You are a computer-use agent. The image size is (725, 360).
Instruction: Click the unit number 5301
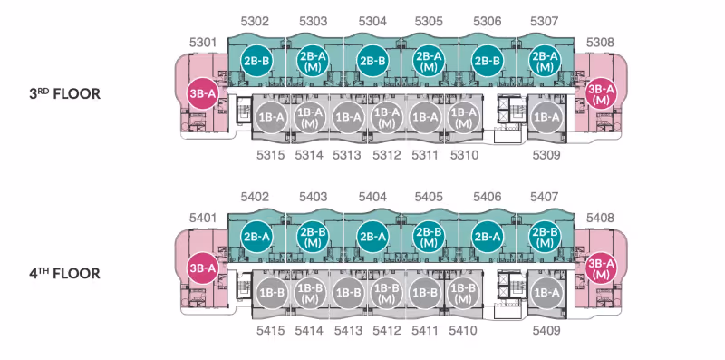click(203, 43)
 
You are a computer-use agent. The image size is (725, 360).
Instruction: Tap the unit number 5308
click(600, 43)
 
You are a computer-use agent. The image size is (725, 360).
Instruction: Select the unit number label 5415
click(270, 331)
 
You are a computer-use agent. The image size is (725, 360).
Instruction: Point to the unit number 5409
click(546, 331)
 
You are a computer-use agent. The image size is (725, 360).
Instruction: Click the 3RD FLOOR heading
click(64, 94)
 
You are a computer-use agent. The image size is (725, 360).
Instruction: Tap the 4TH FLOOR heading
click(64, 273)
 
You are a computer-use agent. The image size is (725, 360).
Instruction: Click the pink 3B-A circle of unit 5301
click(202, 93)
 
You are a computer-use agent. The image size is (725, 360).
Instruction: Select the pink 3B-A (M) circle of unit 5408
click(601, 269)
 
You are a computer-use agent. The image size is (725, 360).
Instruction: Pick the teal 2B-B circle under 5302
click(256, 61)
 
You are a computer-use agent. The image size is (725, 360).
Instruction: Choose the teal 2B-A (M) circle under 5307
click(546, 61)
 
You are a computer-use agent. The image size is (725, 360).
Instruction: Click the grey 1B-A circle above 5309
click(546, 118)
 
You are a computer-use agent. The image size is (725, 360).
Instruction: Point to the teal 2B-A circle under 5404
click(372, 237)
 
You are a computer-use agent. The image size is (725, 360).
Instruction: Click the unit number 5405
click(429, 197)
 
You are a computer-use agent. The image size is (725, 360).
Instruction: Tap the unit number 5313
click(347, 155)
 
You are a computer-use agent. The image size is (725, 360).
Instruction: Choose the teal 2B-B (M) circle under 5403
click(314, 237)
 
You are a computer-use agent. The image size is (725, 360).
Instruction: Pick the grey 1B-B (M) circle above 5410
click(463, 294)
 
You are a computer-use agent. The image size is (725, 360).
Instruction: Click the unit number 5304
click(372, 21)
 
